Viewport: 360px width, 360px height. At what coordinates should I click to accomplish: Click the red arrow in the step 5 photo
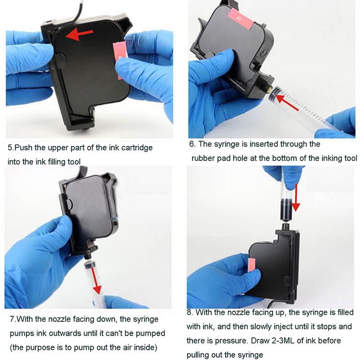click(x=79, y=35)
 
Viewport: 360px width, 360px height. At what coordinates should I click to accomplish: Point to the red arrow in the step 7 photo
click(x=96, y=281)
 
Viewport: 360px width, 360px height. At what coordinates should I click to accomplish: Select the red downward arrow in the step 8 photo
click(x=296, y=197)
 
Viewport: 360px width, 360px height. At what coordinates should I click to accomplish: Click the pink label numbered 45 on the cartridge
click(x=240, y=19)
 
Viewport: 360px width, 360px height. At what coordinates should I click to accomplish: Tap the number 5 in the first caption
click(x=10, y=148)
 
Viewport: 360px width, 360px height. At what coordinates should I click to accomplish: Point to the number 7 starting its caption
click(x=12, y=319)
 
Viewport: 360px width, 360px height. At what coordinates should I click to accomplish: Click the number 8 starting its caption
click(x=190, y=312)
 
